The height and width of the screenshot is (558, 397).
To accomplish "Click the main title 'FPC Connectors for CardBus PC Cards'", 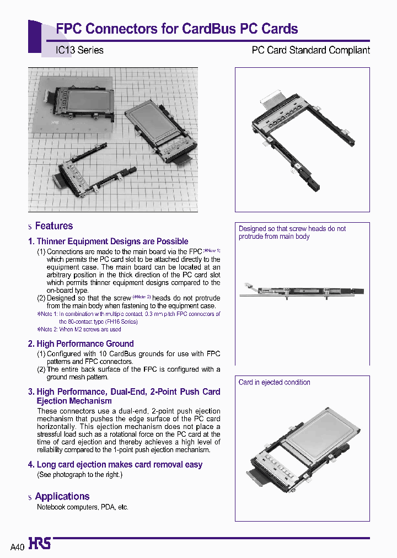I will pyautogui.click(x=177, y=29).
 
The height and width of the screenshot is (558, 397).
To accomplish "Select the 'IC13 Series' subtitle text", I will pyautogui.click(x=79, y=50).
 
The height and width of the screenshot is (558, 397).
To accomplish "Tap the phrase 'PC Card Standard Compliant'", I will pyautogui.click(x=310, y=50).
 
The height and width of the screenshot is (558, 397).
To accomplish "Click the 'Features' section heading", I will pyautogui.click(x=53, y=226).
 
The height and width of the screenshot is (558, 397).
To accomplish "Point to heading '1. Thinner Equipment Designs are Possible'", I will pyautogui.click(x=108, y=242).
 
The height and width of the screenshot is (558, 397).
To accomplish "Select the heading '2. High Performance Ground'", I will pyautogui.click(x=81, y=344).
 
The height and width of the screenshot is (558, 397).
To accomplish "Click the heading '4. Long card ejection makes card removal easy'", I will pyautogui.click(x=115, y=465).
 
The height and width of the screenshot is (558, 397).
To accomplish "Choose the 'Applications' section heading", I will pyautogui.click(x=62, y=496).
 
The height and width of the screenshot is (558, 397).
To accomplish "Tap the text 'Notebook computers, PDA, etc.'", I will pyautogui.click(x=83, y=507).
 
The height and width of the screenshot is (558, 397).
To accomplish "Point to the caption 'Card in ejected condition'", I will pyautogui.click(x=274, y=382).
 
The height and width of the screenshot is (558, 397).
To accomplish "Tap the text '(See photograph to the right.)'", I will pyautogui.click(x=80, y=474).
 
